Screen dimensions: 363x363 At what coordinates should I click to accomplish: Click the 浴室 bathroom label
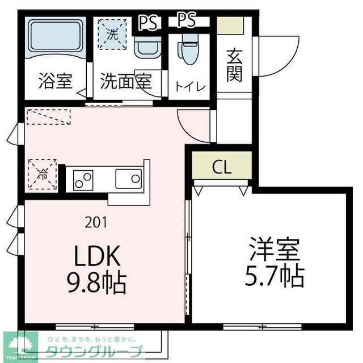(56, 81)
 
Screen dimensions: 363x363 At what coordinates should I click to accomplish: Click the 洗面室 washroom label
(125, 81)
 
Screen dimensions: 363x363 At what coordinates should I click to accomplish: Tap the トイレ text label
(190, 86)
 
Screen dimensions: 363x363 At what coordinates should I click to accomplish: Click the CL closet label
(222, 167)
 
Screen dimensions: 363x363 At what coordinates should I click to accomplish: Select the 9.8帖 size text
(96, 282)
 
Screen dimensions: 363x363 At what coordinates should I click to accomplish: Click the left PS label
(149, 22)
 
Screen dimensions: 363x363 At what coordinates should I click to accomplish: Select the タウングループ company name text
(94, 350)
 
